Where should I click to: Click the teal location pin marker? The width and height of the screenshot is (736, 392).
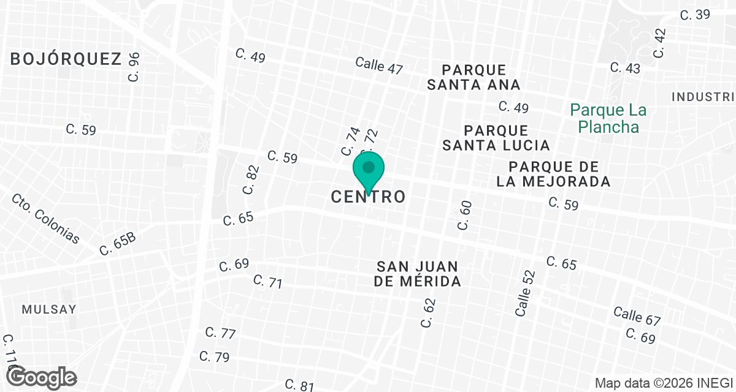[368, 171]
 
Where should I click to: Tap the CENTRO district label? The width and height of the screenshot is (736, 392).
[368, 197]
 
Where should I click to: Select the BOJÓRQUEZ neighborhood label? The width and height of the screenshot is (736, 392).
[66, 59]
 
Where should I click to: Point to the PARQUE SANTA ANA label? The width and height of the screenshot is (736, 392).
[473, 77]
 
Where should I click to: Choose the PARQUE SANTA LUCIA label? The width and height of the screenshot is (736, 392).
[496, 138]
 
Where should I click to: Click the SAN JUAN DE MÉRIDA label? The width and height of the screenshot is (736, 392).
[418, 274]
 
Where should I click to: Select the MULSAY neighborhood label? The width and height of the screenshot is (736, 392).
[49, 309]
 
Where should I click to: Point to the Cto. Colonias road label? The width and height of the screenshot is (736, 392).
[45, 219]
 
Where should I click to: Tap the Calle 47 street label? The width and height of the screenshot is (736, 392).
[379, 66]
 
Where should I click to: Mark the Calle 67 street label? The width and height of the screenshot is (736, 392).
[637, 315]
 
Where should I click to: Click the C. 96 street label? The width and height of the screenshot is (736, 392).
[134, 67]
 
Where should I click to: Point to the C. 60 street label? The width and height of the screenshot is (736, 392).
[464, 216]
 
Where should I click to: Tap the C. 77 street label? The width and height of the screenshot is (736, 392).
[220, 334]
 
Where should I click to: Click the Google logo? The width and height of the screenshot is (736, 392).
[42, 376]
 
